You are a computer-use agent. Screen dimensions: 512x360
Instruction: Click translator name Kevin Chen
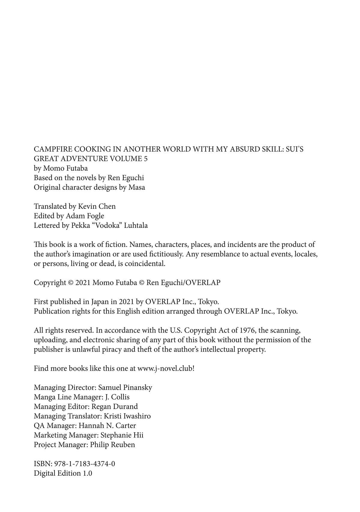pos(97,206)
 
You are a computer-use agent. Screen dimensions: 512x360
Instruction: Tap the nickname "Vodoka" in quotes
pos(110,225)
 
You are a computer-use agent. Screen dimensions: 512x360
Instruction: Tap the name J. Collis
pos(117,397)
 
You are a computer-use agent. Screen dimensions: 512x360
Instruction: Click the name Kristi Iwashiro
pos(127,416)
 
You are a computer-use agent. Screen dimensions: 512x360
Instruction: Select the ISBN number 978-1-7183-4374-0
pos(84,464)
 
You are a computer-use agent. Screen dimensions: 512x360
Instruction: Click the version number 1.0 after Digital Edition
pos(87,474)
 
